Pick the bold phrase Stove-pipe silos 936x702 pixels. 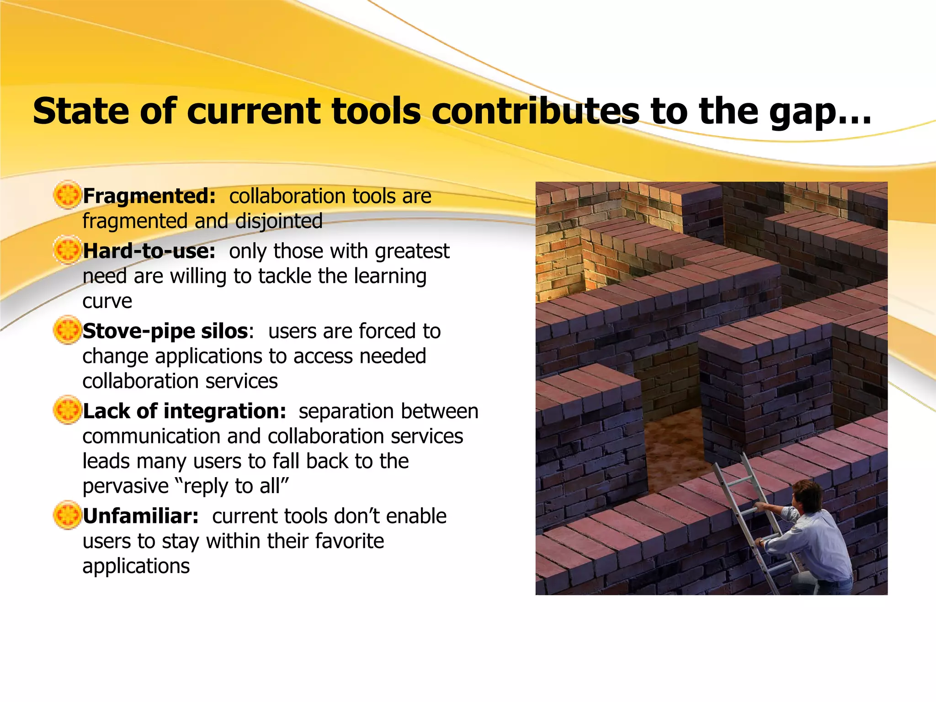tap(165, 331)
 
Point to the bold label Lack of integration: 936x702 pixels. tap(184, 411)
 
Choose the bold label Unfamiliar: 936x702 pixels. tap(141, 516)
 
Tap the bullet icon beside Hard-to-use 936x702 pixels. tap(67, 250)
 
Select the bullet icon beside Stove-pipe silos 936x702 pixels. tap(67, 330)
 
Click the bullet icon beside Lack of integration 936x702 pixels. tap(67, 410)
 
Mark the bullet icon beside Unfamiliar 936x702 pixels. tap(67, 515)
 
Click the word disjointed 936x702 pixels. tap(279, 221)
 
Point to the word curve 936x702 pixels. tap(107, 301)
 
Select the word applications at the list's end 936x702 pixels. tap(136, 566)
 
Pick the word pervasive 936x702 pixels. tap(126, 486)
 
